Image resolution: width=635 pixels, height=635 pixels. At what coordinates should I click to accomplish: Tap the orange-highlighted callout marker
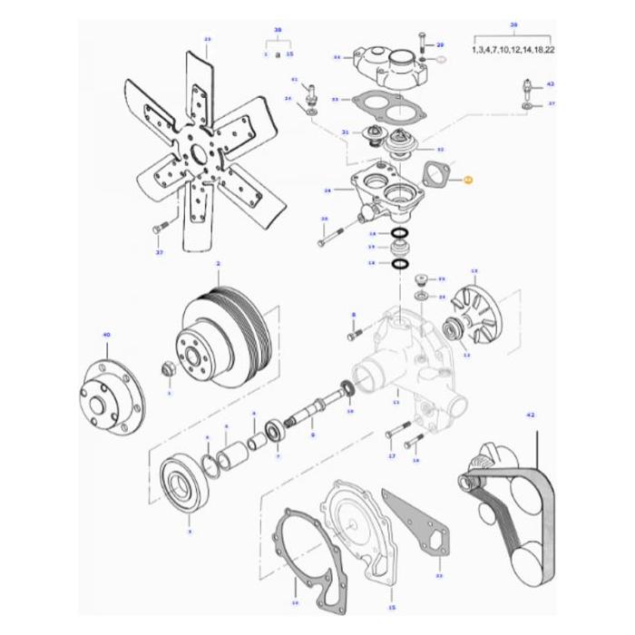[468, 180]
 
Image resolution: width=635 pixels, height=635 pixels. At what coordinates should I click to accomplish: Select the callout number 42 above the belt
[531, 414]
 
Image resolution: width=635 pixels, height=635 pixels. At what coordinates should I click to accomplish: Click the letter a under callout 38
[278, 54]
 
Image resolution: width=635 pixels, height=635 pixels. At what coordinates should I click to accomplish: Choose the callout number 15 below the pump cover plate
[392, 607]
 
